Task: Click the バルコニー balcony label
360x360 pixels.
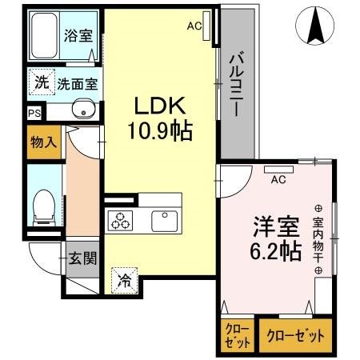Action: coord(236,86)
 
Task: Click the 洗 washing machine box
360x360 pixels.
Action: coord(41,82)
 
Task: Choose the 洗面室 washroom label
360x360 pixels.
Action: coord(77,82)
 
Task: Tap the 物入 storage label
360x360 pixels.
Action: coord(43,143)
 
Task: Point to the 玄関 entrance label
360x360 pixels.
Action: coord(81,258)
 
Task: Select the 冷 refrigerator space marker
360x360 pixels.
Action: coord(124,280)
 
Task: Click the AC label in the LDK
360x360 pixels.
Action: coord(194,26)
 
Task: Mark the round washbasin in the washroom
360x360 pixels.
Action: coord(80,110)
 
